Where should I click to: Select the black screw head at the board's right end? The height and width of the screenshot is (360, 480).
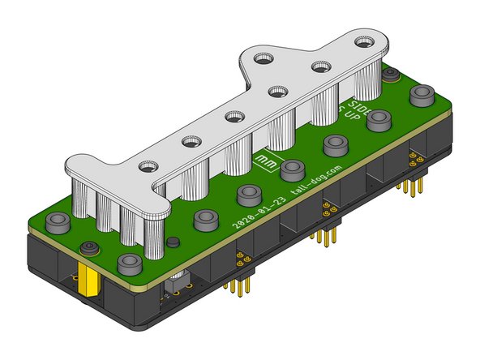[x=391, y=75]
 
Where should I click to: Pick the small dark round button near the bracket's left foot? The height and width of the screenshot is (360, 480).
[x=172, y=242]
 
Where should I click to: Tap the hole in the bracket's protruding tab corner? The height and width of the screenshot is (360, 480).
[x=263, y=59]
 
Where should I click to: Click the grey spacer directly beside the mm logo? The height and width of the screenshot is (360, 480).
[x=291, y=169]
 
